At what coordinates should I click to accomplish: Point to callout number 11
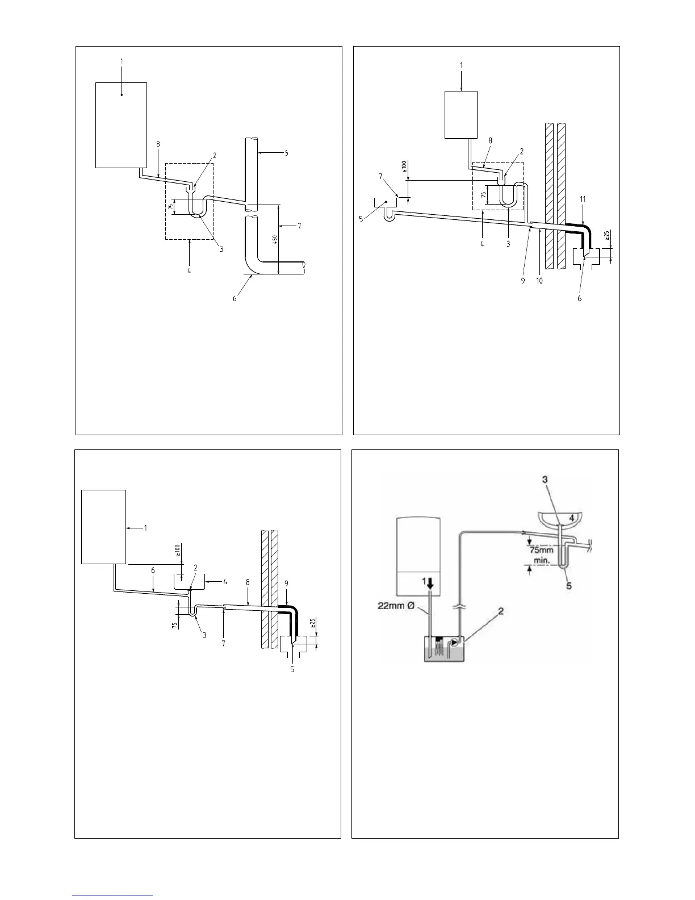point(583,199)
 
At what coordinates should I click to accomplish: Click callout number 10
point(539,280)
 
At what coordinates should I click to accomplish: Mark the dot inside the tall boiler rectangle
point(122,95)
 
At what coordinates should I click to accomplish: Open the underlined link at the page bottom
point(113,895)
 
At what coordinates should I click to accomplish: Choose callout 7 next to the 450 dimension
point(299,226)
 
